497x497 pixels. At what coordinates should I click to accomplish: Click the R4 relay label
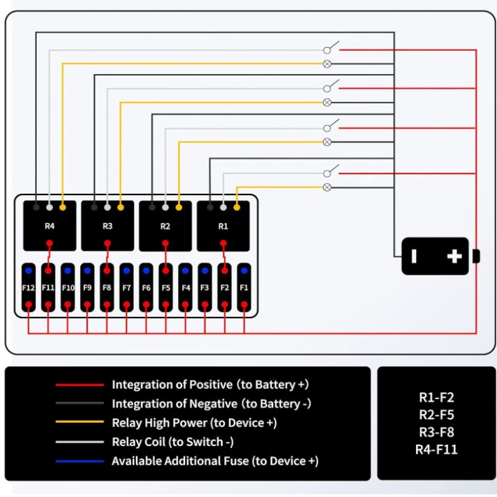coord(50,226)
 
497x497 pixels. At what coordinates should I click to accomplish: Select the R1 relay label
coord(223,226)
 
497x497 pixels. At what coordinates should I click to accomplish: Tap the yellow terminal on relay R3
coord(120,207)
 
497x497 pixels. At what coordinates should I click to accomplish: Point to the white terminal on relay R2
coord(165,207)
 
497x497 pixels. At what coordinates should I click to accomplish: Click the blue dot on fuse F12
coord(29,271)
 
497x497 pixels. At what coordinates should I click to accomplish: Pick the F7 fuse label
coord(126,288)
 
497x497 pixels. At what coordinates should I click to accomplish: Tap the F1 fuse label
coord(244,288)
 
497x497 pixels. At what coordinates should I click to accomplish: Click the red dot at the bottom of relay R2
coord(165,243)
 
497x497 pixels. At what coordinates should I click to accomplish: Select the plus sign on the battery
coord(454,256)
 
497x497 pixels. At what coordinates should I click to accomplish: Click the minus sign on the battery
coord(413,256)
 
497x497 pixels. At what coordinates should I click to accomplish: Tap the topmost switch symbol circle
coord(327,50)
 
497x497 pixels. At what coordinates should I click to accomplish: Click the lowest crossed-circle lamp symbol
coord(327,188)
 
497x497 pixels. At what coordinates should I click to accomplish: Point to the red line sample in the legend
coord(80,385)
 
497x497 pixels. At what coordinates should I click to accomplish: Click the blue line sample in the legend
coord(80,461)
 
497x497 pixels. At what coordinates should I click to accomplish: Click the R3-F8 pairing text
coord(436,432)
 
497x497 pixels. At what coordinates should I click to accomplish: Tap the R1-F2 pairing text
coord(436,398)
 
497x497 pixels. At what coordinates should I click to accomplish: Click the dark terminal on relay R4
coord(36,207)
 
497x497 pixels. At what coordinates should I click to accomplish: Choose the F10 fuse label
coord(68,288)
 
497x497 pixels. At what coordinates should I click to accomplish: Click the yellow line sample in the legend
coord(80,422)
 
